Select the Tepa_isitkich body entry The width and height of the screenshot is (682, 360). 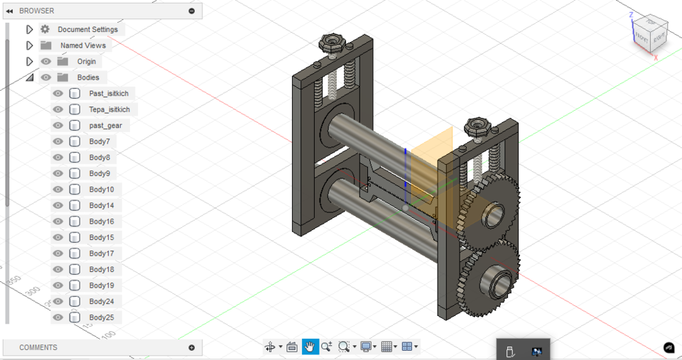[109, 109]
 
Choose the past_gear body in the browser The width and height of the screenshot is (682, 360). [105, 126]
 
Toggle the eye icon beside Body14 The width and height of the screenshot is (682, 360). [58, 205]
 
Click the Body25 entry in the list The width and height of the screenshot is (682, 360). [101, 317]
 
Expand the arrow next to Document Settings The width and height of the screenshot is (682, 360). [29, 30]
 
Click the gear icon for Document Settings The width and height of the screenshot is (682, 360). [45, 30]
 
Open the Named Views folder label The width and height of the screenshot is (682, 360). [82, 45]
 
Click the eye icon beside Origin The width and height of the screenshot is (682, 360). [45, 62]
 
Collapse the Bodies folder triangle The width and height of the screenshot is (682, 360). [29, 77]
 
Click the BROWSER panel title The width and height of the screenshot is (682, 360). [36, 11]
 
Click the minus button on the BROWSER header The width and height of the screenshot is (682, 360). [192, 11]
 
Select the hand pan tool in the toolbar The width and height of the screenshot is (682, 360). [310, 347]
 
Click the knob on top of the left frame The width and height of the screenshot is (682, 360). [331, 43]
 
